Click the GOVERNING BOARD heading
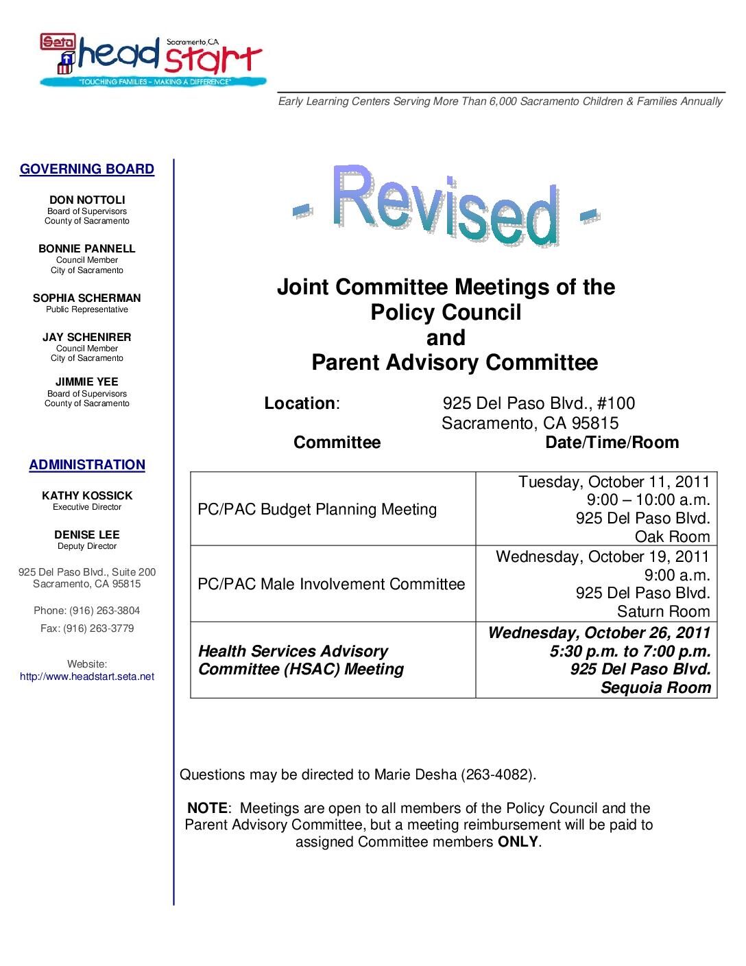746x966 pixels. pos(87,169)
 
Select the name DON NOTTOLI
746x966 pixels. pos(87,200)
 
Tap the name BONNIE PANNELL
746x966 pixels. pos(87,248)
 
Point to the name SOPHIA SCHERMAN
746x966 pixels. pos(87,298)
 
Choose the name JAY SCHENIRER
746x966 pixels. pos(87,337)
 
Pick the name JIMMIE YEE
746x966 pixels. pos(87,381)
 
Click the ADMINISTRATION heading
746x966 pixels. pos(87,464)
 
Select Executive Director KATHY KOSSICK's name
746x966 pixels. pos(87,495)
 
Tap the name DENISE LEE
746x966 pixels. pos(87,534)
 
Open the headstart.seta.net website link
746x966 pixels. pos(87,676)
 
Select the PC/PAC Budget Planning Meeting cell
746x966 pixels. pos(317,509)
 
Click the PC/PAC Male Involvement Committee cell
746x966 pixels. pos(331,584)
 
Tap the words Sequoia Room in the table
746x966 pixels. pos(655,687)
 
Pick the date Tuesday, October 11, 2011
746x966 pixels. pos(614,482)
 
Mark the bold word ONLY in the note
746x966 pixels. pos(518,841)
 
